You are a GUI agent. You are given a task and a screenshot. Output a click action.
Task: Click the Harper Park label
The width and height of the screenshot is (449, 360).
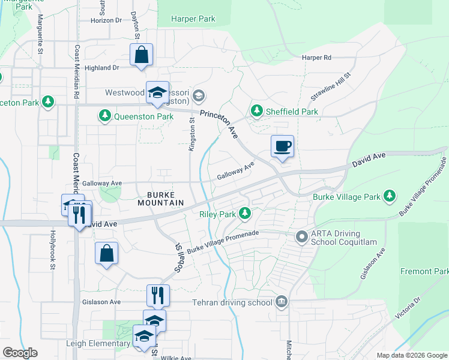(x=193, y=19)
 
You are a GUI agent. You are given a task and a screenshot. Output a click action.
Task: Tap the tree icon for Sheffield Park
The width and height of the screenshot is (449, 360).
(x=257, y=111)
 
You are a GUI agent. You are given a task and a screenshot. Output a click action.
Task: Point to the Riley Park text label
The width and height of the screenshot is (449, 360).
(x=217, y=214)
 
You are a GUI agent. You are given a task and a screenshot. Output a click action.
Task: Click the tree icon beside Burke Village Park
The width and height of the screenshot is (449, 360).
(x=390, y=196)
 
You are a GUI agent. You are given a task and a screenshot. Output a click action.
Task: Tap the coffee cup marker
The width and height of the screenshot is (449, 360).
(x=282, y=146)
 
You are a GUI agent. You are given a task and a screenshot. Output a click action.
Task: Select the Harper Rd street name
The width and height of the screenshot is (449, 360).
(x=316, y=58)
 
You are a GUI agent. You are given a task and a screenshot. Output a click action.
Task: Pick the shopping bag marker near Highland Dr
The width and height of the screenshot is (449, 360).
(x=140, y=55)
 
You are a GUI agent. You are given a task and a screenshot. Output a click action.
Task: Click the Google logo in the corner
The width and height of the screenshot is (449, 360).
(x=20, y=353)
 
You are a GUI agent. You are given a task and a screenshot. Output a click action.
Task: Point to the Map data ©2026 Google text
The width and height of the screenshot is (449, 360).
(x=411, y=355)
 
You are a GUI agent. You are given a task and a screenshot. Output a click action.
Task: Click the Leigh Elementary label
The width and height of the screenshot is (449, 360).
(x=98, y=344)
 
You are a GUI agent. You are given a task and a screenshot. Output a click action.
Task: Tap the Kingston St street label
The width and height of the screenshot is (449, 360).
(x=192, y=134)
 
